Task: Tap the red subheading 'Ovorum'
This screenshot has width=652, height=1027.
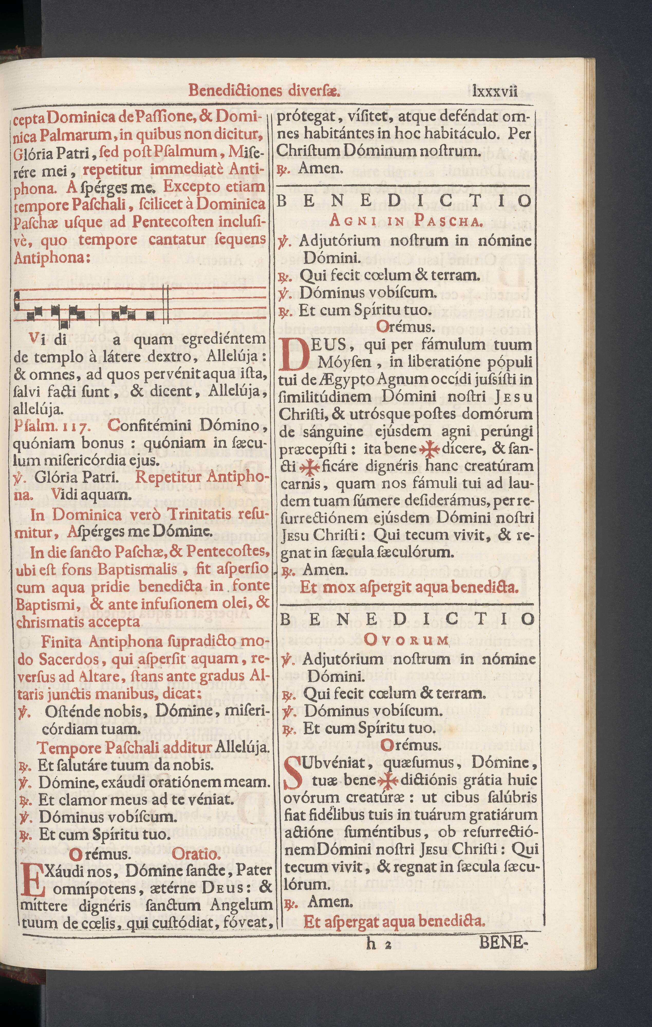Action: (407, 640)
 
